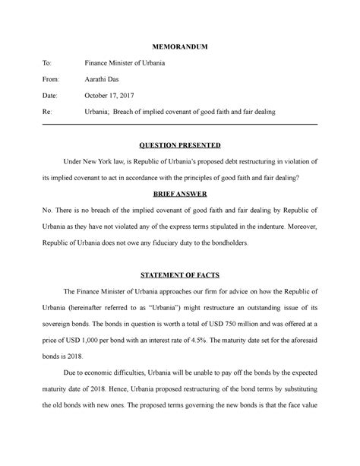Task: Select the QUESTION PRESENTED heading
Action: tap(180, 144)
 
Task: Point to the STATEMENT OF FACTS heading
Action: tap(180, 276)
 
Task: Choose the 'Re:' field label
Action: tap(49, 112)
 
